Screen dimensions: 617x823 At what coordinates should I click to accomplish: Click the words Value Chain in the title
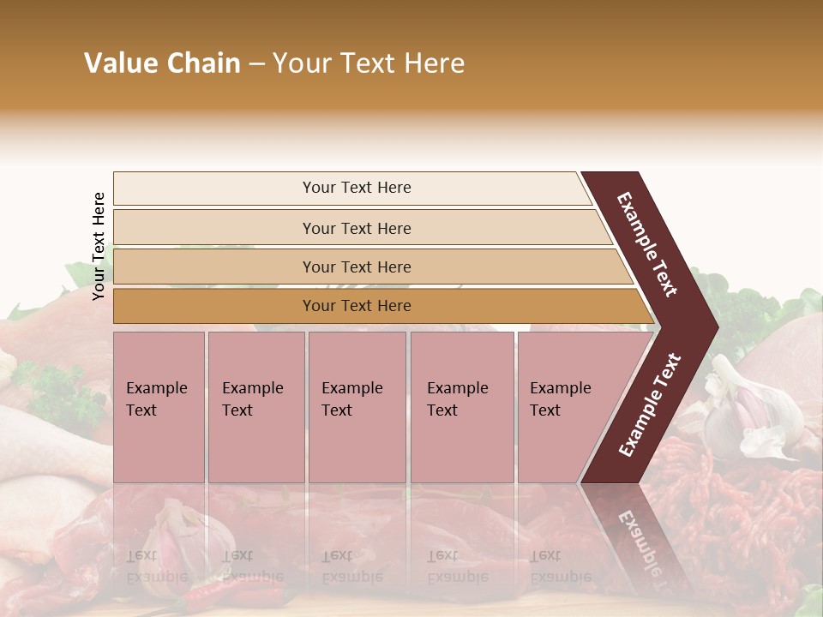(162, 63)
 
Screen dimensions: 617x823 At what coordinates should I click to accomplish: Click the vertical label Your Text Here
(99, 246)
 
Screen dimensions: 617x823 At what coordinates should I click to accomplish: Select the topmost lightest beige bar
(214, 189)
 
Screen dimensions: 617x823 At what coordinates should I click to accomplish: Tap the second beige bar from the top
(214, 228)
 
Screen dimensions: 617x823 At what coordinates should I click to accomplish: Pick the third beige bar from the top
(214, 267)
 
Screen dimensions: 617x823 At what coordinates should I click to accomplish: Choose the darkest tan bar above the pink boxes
(214, 306)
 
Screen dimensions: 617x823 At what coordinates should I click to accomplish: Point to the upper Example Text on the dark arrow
(647, 244)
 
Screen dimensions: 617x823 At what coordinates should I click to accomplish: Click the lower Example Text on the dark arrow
(650, 405)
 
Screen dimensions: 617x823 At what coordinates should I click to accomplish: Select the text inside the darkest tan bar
(357, 306)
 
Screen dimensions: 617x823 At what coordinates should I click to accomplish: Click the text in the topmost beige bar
(357, 188)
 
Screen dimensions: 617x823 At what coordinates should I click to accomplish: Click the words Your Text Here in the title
(369, 63)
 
